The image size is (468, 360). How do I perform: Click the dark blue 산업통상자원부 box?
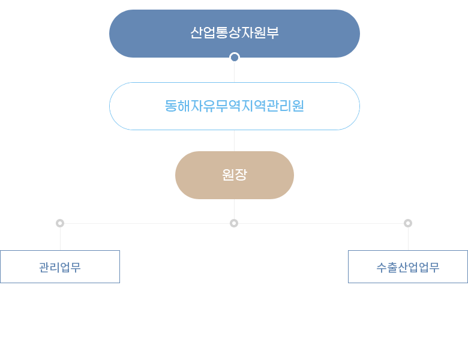point(234,34)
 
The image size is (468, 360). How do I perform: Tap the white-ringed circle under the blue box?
point(235,58)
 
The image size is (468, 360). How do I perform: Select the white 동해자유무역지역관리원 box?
point(234,106)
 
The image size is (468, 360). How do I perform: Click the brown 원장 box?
point(234,175)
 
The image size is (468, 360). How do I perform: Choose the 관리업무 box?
point(60,267)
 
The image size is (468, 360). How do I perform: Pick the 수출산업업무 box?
point(408,267)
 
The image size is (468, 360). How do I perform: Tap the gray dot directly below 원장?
point(234,223)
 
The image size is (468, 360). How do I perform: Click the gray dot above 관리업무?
point(60,223)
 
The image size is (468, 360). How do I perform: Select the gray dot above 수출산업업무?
point(408,223)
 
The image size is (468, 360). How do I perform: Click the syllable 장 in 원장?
point(241,175)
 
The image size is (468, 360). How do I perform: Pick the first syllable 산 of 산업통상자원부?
point(196,33)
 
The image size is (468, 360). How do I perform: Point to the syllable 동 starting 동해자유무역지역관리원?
point(171,106)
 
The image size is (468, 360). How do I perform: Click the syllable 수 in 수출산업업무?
point(382,268)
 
